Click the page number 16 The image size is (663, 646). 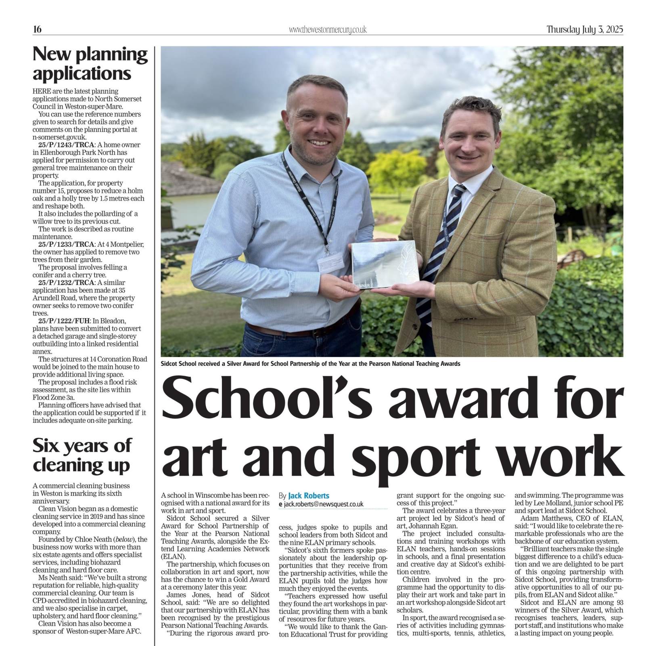[x=37, y=29]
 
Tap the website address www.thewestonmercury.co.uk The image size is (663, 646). [x=328, y=30]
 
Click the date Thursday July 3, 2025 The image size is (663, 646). [x=585, y=29]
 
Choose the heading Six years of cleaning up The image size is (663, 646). [x=82, y=455]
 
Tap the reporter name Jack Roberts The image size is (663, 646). [x=309, y=495]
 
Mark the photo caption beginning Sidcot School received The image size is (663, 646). [x=310, y=363]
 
